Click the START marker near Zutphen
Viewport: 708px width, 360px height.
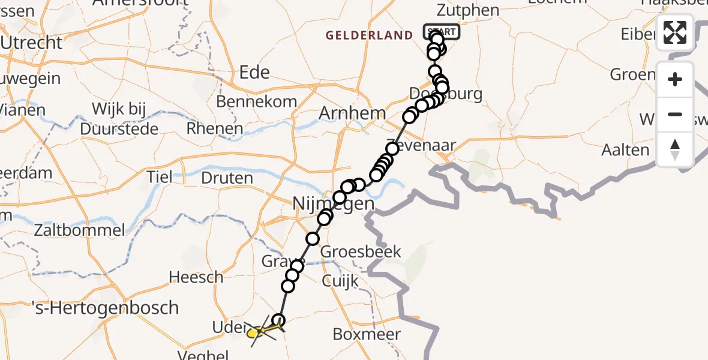[x=441, y=31]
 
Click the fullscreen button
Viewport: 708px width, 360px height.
[x=675, y=32]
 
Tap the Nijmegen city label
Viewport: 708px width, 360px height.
[x=334, y=204]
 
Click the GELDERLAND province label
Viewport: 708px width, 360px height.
[x=370, y=35]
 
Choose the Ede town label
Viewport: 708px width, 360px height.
[x=254, y=73]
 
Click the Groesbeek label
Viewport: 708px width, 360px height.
[x=361, y=252]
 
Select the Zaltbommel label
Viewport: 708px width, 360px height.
[x=80, y=230]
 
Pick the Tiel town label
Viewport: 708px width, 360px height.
[x=160, y=177]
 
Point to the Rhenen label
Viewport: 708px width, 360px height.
[x=214, y=128]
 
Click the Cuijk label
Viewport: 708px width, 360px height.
[x=340, y=281]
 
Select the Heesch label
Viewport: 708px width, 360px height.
[x=196, y=277]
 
